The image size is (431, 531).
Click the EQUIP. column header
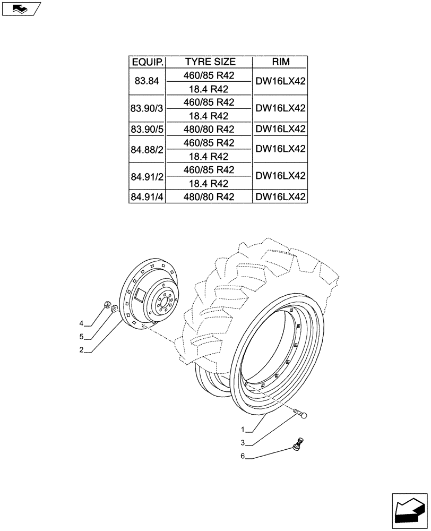pos(148,62)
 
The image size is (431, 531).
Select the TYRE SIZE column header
pos(210,62)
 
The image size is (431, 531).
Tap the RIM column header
pos(280,62)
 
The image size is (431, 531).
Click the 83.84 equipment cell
pos(148,82)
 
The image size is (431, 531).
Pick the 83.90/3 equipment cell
pos(148,108)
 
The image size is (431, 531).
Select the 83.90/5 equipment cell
pos(148,129)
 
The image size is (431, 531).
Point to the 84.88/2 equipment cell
pos(148,149)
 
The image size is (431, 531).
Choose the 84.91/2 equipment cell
pos(148,176)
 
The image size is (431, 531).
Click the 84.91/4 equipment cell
pos(148,197)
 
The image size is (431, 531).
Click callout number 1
pos(243,429)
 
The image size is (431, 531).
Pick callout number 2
pos(81,350)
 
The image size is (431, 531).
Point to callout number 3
pos(243,442)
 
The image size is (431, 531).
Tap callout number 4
pos(81,323)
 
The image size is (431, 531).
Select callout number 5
pos(81,337)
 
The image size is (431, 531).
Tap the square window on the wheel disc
pos(141,292)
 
